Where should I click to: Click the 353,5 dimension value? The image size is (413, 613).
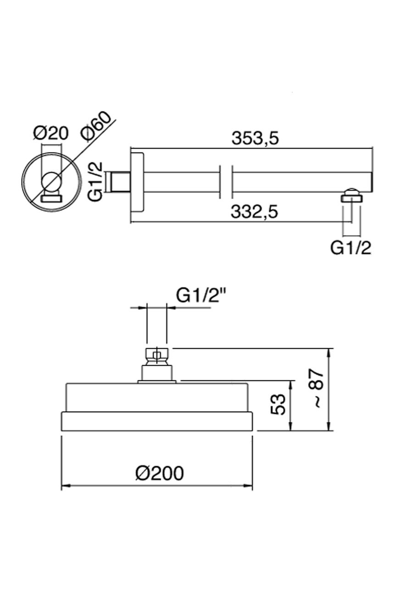tap(255, 138)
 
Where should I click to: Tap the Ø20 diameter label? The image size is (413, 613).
tap(50, 133)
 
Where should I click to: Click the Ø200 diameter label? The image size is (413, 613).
tap(160, 473)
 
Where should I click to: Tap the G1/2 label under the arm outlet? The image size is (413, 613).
tap(351, 248)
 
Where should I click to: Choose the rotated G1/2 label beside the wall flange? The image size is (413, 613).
tap(95, 181)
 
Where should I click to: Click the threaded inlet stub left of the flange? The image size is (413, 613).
tap(118, 181)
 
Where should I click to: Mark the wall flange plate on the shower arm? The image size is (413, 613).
tap(137, 181)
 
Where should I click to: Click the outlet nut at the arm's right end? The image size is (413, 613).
tap(352, 196)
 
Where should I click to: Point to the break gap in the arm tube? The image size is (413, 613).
tap(226, 181)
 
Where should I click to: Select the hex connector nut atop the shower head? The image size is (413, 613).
tap(157, 354)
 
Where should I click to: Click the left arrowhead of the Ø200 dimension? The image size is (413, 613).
tap(64, 486)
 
